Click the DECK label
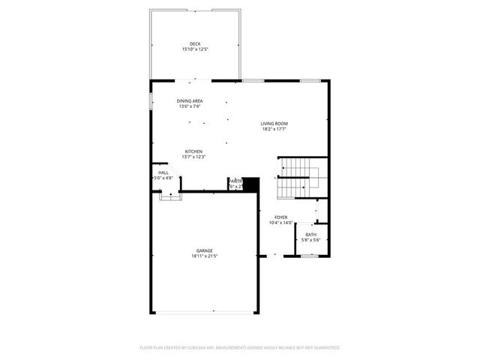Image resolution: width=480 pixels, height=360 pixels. coord(195,43)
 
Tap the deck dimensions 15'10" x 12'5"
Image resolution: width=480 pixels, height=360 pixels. coord(195,49)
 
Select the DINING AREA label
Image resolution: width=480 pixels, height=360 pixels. coord(190,100)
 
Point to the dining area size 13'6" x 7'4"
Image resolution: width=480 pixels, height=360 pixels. coord(190,106)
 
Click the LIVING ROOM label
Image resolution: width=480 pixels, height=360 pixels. coord(274,123)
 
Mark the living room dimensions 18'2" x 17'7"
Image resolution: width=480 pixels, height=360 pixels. coord(274,129)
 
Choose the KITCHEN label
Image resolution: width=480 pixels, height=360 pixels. coord(193,151)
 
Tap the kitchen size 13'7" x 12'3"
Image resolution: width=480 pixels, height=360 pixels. coord(193,157)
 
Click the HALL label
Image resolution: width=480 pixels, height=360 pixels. coord(163,172)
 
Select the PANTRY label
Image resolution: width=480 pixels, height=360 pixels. coord(235,181)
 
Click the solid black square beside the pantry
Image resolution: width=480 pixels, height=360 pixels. coord(250,184)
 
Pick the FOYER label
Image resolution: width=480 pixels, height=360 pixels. coord(280,217)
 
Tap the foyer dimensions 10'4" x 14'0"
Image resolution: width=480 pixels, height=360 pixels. coord(280,223)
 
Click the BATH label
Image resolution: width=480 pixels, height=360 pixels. coord(310,234)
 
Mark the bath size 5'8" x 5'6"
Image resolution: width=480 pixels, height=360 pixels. coord(310,240)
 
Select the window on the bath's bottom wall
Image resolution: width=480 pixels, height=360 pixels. coord(310,256)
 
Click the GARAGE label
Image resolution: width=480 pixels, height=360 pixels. coord(204,250)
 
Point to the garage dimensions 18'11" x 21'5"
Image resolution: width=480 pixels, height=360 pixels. coord(204,256)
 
